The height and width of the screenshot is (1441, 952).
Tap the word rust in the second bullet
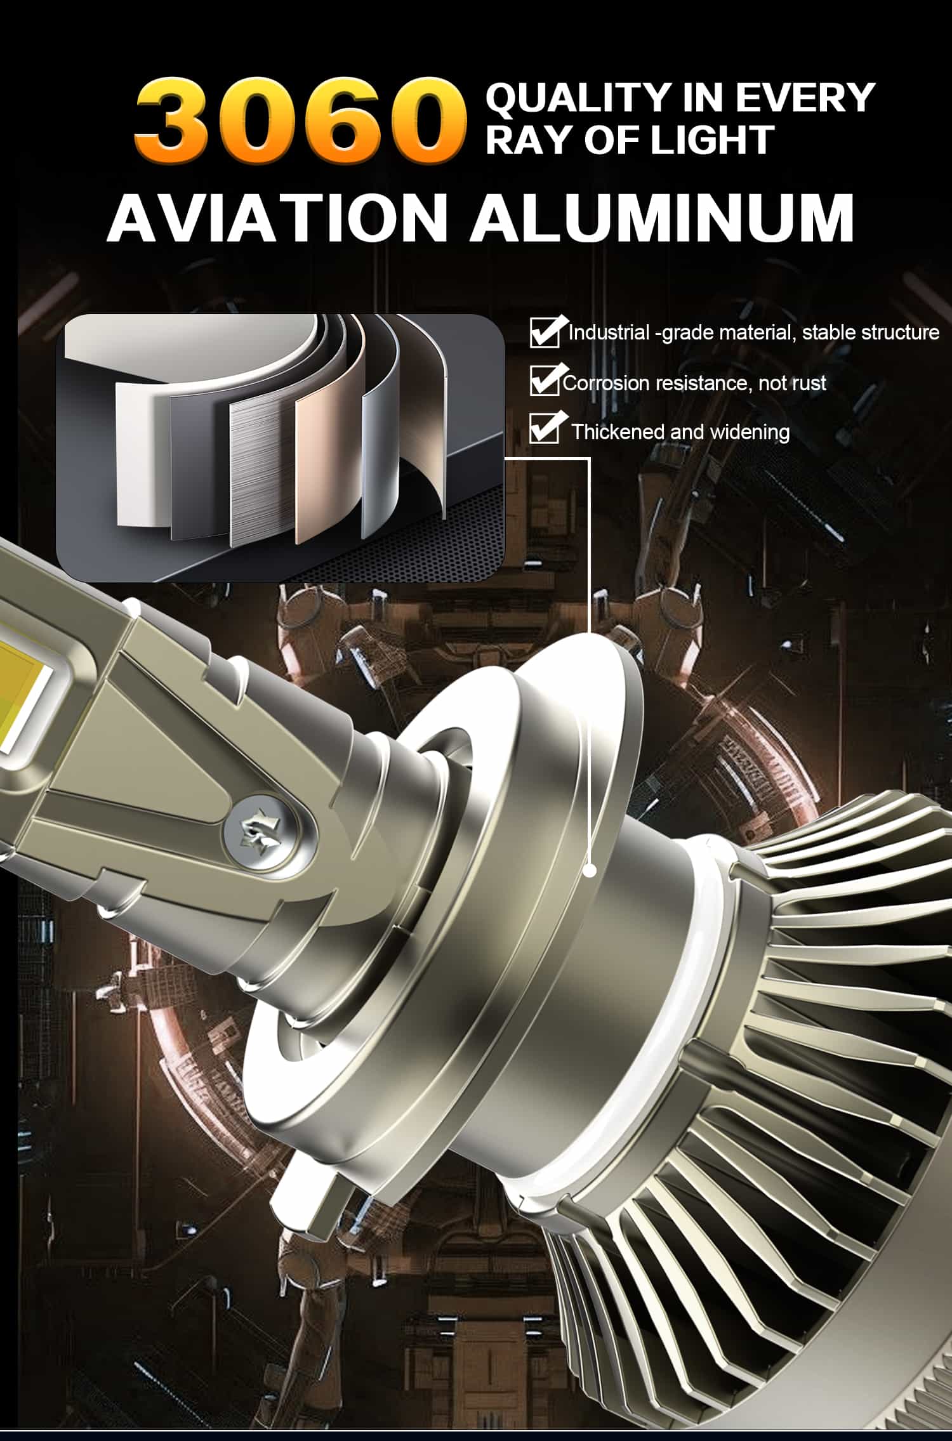pos(809,383)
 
